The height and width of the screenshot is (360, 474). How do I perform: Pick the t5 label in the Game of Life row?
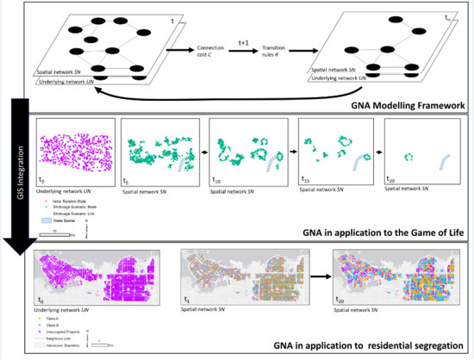click(128, 178)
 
